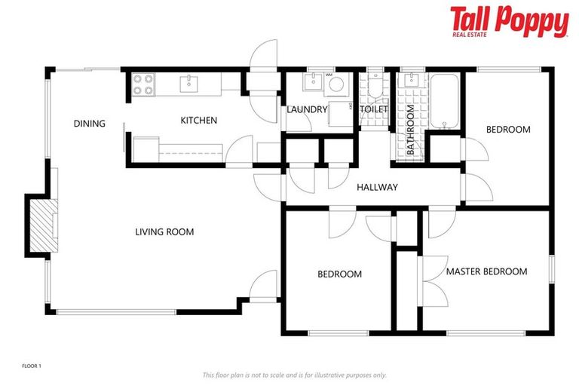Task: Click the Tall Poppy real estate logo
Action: (x=509, y=22)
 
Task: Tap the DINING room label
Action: (x=89, y=124)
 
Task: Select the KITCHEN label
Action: (x=198, y=120)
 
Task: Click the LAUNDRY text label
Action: (x=307, y=109)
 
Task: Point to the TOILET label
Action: (x=373, y=109)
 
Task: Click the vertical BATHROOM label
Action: (x=411, y=130)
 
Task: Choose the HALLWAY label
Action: (x=377, y=187)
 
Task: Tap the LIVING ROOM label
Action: (x=164, y=231)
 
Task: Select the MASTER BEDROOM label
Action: (x=486, y=271)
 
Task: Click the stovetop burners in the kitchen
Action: (x=143, y=84)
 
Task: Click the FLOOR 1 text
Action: (x=32, y=366)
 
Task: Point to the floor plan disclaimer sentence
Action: (x=294, y=375)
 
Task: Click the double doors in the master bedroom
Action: (x=430, y=280)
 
